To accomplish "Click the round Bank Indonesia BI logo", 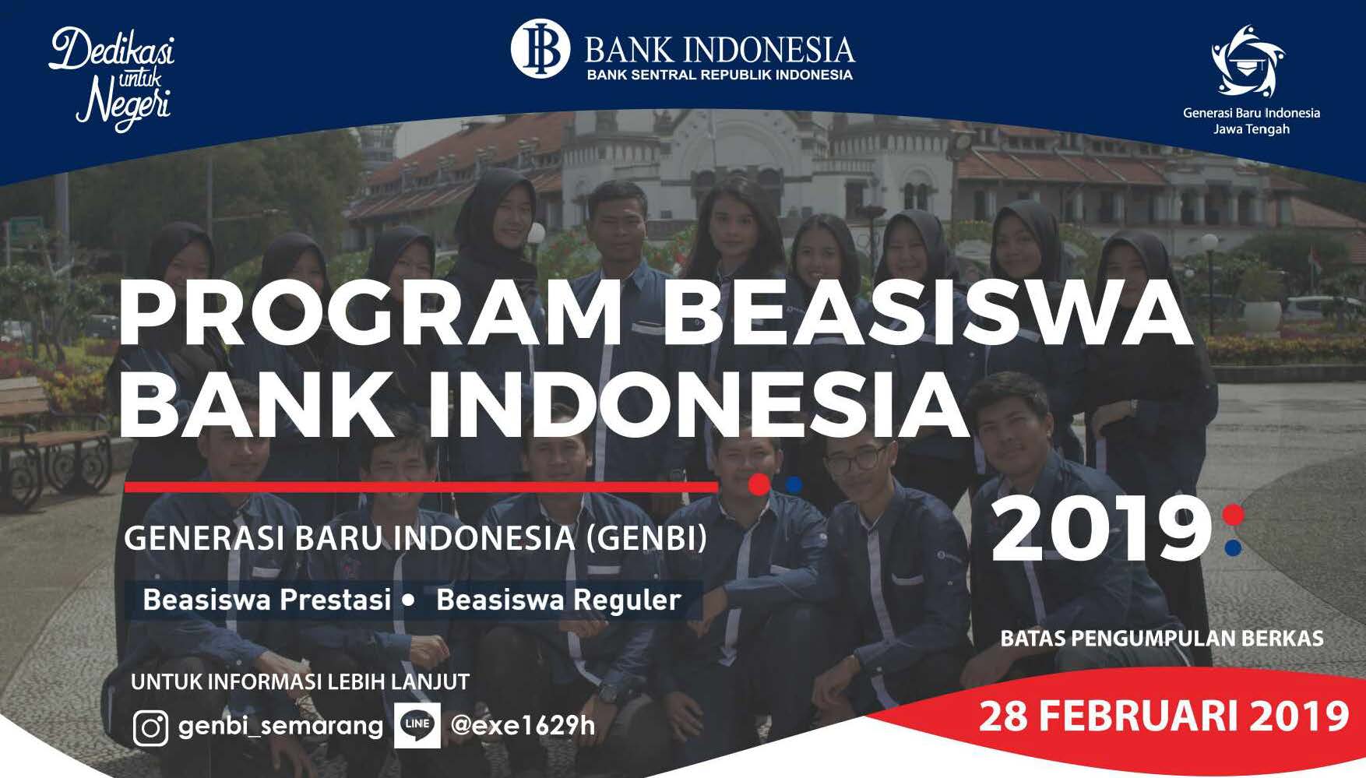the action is click(x=540, y=48).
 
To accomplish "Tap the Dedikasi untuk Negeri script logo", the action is click(x=112, y=79).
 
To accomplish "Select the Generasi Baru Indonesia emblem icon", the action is click(x=1248, y=61).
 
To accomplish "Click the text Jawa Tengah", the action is click(x=1251, y=129).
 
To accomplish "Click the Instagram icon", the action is click(x=150, y=728).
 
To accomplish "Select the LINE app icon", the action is click(x=417, y=725).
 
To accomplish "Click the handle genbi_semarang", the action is click(x=280, y=726).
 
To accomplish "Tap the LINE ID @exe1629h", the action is click(x=523, y=725).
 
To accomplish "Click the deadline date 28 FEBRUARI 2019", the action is click(x=1164, y=716).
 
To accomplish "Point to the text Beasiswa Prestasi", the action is click(x=267, y=600).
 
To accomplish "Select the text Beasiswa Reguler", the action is click(x=558, y=600).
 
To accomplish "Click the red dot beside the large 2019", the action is click(x=1233, y=515).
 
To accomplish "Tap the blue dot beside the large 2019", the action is click(x=1233, y=547).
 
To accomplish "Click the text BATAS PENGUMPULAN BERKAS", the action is click(x=1162, y=639).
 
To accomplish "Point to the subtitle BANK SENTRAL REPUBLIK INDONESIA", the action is click(x=720, y=76).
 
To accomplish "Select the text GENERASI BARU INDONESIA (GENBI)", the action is click(x=416, y=538).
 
